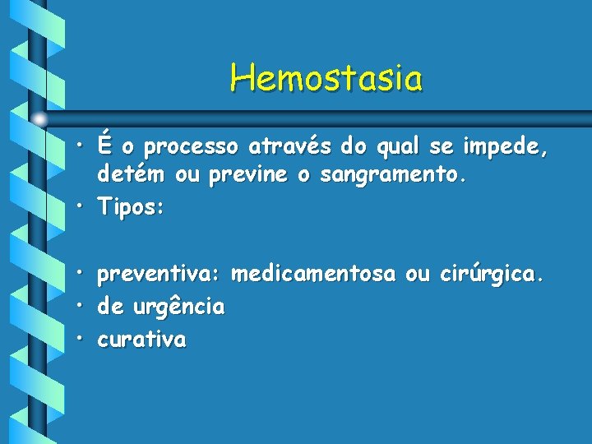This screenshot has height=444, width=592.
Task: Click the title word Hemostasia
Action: (x=326, y=79)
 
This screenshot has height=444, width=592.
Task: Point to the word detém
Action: (x=130, y=176)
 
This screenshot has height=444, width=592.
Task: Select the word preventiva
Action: (x=160, y=275)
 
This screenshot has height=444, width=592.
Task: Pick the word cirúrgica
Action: (x=491, y=275)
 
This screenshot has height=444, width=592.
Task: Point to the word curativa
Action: (x=141, y=339)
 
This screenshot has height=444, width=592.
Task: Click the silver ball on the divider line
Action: (x=40, y=119)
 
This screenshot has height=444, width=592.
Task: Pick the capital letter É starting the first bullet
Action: (x=104, y=146)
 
